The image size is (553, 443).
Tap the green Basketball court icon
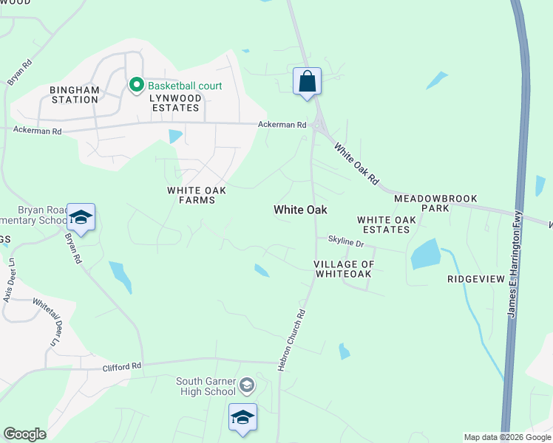[136, 86]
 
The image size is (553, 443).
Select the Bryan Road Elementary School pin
[81, 217]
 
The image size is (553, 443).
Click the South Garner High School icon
[247, 385]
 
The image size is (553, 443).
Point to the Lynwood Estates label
[174, 103]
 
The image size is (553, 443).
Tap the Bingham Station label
[74, 95]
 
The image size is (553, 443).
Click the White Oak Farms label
[196, 195]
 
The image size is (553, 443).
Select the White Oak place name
[300, 210]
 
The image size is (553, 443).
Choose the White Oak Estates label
[383, 224]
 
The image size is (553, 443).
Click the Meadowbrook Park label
[435, 203]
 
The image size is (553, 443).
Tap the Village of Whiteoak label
[342, 269]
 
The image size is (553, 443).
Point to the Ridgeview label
[475, 279]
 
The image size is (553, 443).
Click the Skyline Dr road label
[346, 243]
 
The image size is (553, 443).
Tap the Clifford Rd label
[121, 365]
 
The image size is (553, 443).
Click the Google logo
[24, 434]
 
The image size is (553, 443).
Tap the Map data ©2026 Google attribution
[506, 437]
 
